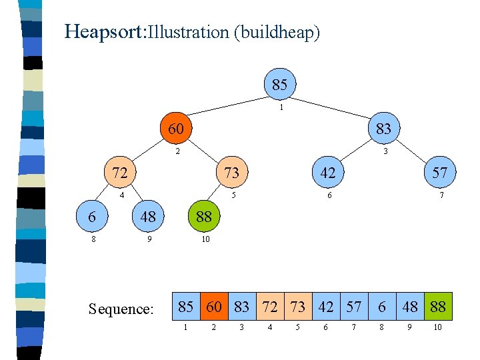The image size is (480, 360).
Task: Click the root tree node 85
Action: tap(280, 85)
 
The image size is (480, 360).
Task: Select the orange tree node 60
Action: tap(176, 128)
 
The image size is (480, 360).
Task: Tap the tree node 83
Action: tap(383, 128)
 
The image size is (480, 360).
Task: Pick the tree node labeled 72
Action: tap(120, 173)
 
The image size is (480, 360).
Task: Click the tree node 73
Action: tap(232, 173)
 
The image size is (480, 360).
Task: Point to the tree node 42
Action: tap(327, 173)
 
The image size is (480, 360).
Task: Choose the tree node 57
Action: tap(439, 173)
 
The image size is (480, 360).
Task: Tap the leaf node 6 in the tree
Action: tap(91, 217)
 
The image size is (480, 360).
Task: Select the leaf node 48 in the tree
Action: tap(148, 217)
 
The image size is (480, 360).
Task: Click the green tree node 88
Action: tap(204, 217)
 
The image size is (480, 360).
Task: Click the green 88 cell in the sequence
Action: tap(438, 307)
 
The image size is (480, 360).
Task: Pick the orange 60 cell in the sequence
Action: tap(213, 307)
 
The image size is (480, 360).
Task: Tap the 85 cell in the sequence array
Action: tap(186, 307)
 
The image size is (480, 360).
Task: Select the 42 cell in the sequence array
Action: tap(326, 307)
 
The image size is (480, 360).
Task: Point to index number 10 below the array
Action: tap(437, 328)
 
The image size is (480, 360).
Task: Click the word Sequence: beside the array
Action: tap(121, 309)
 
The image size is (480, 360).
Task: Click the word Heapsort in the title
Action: tap(103, 31)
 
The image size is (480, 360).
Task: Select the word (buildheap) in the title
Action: tap(277, 32)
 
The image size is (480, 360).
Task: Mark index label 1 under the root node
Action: tap(282, 107)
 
